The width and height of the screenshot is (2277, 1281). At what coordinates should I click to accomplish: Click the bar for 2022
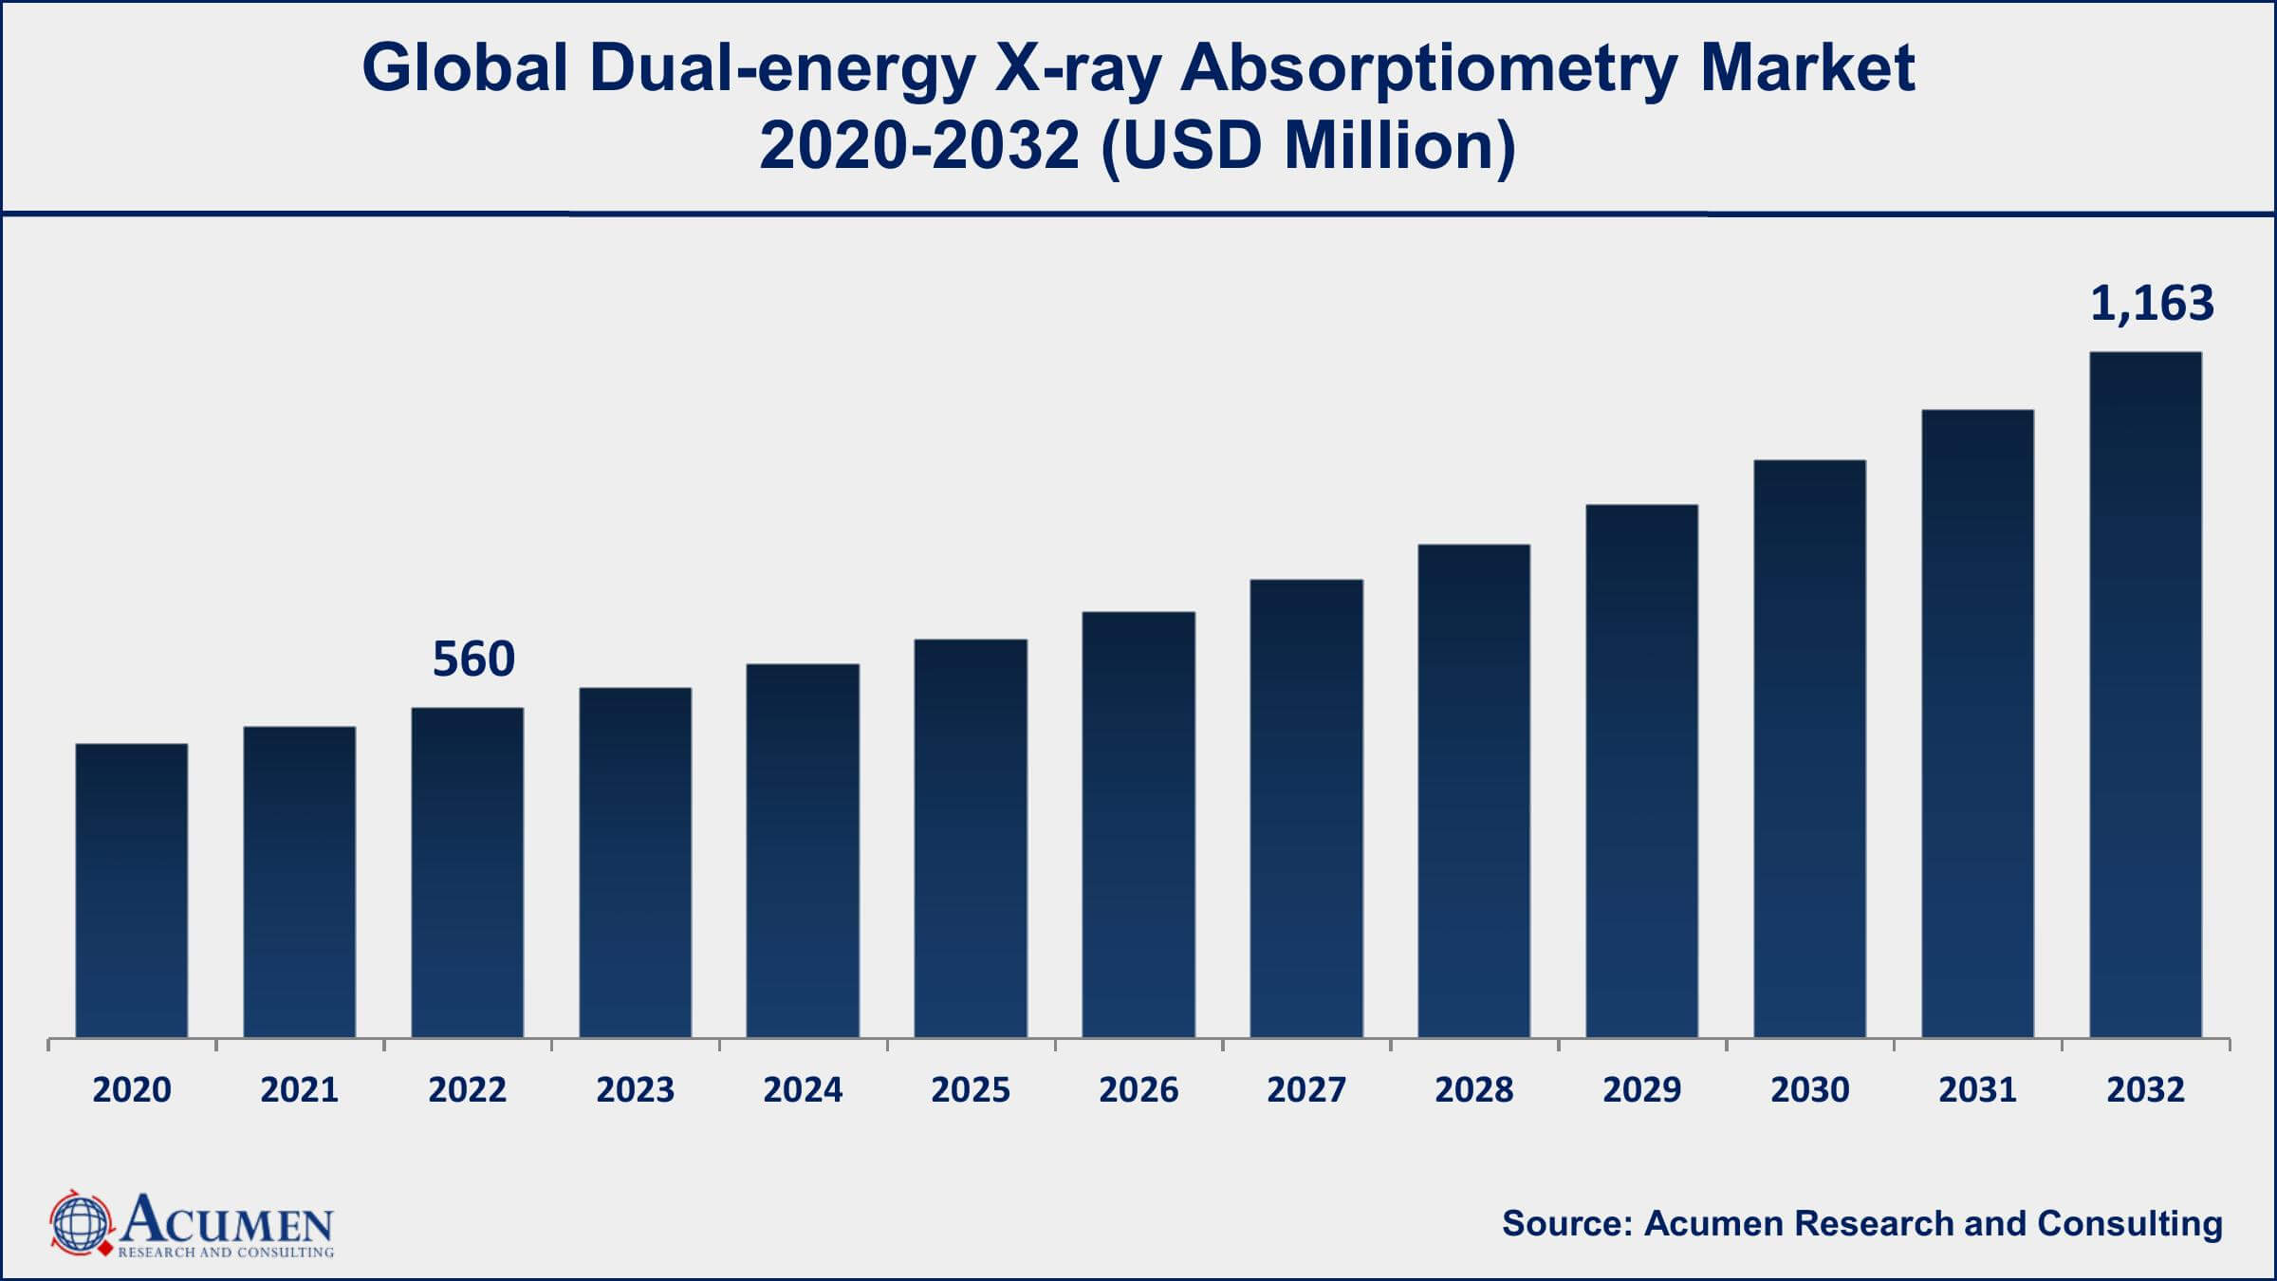pos(467,872)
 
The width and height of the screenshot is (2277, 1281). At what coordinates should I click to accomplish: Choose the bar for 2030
pos(1809,749)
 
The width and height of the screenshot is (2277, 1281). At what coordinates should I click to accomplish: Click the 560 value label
pos(473,659)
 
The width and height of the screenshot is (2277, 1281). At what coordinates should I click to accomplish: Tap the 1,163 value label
pos(2152,304)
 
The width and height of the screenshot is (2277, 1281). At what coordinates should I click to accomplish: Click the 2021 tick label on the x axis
pos(300,1089)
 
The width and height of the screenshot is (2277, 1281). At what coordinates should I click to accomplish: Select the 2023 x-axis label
pos(635,1089)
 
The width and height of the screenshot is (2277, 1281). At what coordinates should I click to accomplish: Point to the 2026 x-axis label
pos(1138,1089)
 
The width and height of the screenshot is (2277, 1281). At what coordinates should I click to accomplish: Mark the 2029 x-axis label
pos(1641,1089)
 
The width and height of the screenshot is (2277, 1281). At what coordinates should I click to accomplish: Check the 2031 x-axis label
pos(1977,1089)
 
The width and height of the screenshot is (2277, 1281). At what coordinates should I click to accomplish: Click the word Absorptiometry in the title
pos(1429,69)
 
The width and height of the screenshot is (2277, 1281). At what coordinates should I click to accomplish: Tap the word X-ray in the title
pos(1077,69)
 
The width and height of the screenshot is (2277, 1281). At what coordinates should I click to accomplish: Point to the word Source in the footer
pos(1565,1224)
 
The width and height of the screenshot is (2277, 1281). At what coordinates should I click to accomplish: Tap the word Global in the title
pos(465,69)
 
